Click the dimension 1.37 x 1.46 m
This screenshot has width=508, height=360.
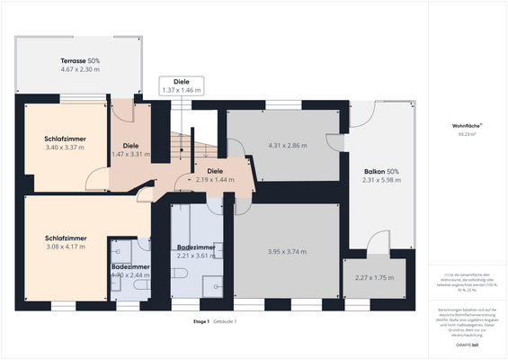[182, 91]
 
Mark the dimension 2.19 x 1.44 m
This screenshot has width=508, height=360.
[215, 179]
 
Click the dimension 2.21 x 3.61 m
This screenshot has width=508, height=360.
[196, 256]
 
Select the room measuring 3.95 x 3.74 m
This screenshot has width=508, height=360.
[286, 251]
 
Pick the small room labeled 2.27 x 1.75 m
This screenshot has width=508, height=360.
[374, 278]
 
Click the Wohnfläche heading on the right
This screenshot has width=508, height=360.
[467, 125]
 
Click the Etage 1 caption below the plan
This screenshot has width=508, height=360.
[201, 321]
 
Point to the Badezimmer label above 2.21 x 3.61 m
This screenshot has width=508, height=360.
[196, 247]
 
